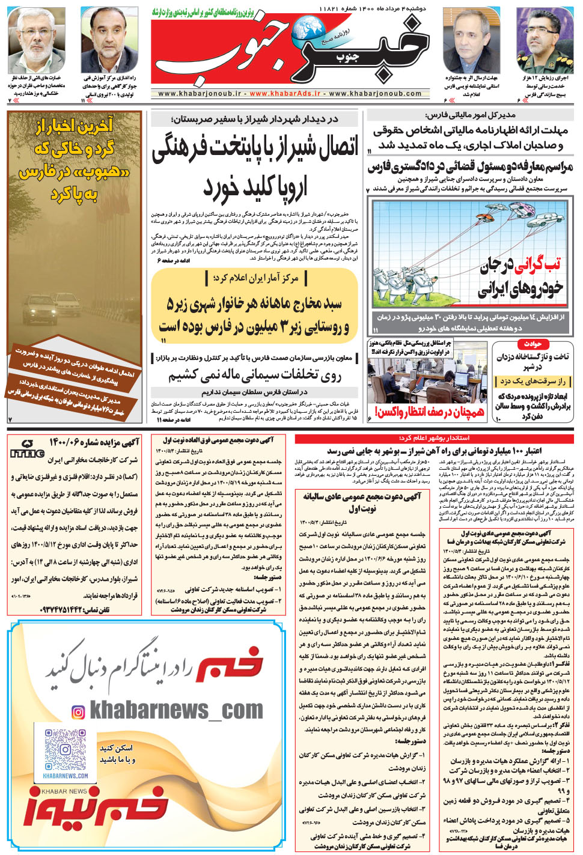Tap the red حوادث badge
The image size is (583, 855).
pos(533,344)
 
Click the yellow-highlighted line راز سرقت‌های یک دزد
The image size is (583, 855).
pos(533,382)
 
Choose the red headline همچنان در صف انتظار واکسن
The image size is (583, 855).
pos(430,412)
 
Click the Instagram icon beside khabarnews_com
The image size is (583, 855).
pos(78,713)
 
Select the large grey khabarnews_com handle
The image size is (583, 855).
pos(176,711)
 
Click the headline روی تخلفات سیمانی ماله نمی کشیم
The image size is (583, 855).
pos(255,376)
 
